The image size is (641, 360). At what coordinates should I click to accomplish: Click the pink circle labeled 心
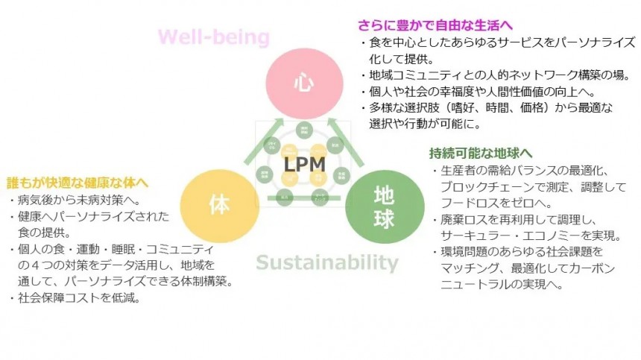(x=302, y=82)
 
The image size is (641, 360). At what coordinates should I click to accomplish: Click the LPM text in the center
(x=303, y=163)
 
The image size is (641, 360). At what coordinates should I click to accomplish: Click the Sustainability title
(x=327, y=262)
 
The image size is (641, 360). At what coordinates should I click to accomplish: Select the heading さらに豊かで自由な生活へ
(x=435, y=25)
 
